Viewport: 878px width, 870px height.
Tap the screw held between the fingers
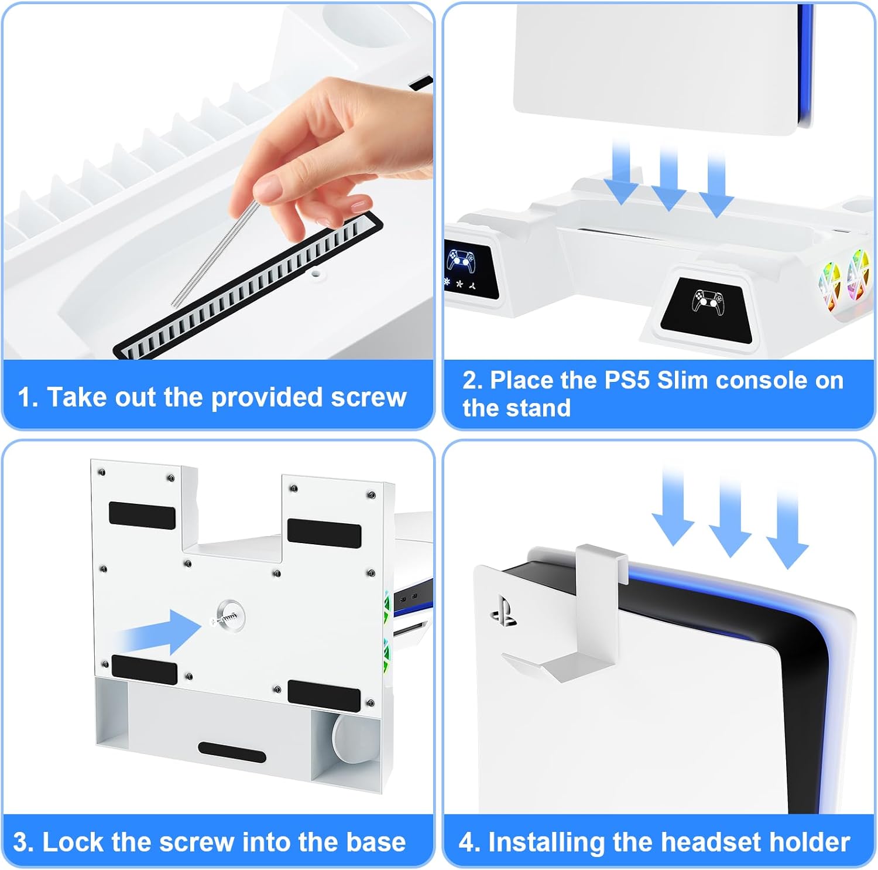[214, 253]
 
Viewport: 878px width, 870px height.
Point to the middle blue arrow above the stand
[669, 178]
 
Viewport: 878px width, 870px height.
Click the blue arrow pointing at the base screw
[157, 632]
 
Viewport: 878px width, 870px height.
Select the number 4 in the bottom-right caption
[467, 843]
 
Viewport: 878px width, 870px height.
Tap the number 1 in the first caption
[25, 398]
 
